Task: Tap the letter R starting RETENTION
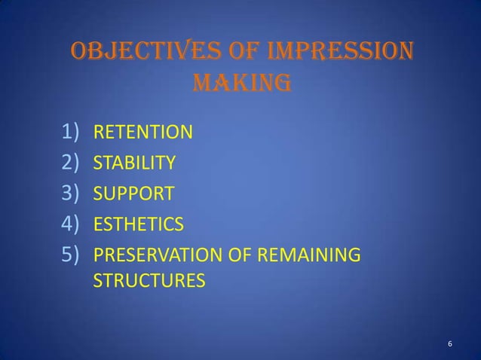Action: coord(97,135)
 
